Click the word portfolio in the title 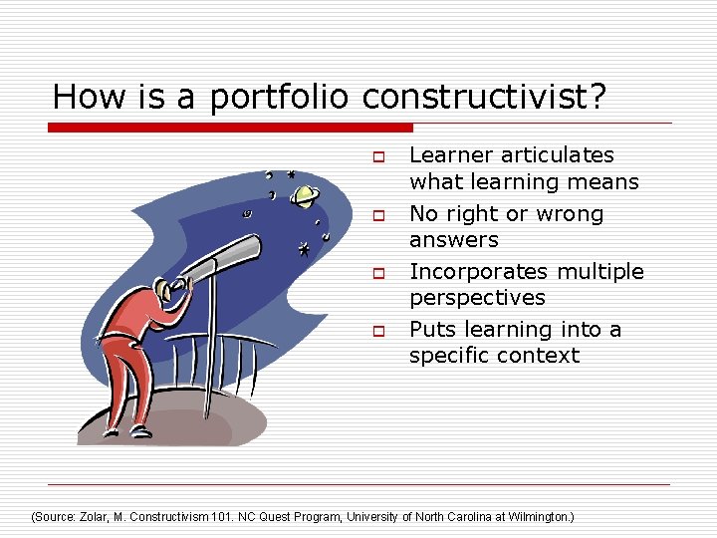coord(281,98)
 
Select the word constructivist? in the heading coord(485,97)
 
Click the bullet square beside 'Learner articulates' coord(378,156)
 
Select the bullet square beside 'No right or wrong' coord(378,215)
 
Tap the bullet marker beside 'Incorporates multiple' coord(378,273)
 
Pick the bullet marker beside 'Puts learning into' coord(378,331)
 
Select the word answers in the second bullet coord(453,240)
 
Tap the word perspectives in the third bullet coord(477,298)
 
